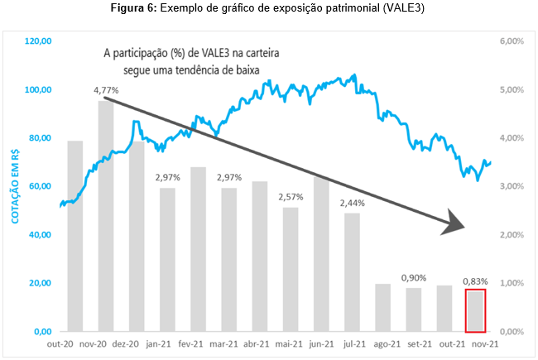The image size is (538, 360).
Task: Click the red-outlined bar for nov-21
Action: (x=474, y=310)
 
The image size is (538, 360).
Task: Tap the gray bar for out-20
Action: (x=74, y=236)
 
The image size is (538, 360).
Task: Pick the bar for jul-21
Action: (x=352, y=272)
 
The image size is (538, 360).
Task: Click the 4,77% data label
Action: (x=105, y=89)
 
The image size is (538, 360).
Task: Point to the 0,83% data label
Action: (x=474, y=280)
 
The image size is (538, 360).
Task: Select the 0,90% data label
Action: (x=413, y=278)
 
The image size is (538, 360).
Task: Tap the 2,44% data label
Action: (x=352, y=203)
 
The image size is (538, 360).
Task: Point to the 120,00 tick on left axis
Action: (x=39, y=41)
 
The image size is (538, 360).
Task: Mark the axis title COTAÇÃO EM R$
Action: (x=14, y=186)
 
